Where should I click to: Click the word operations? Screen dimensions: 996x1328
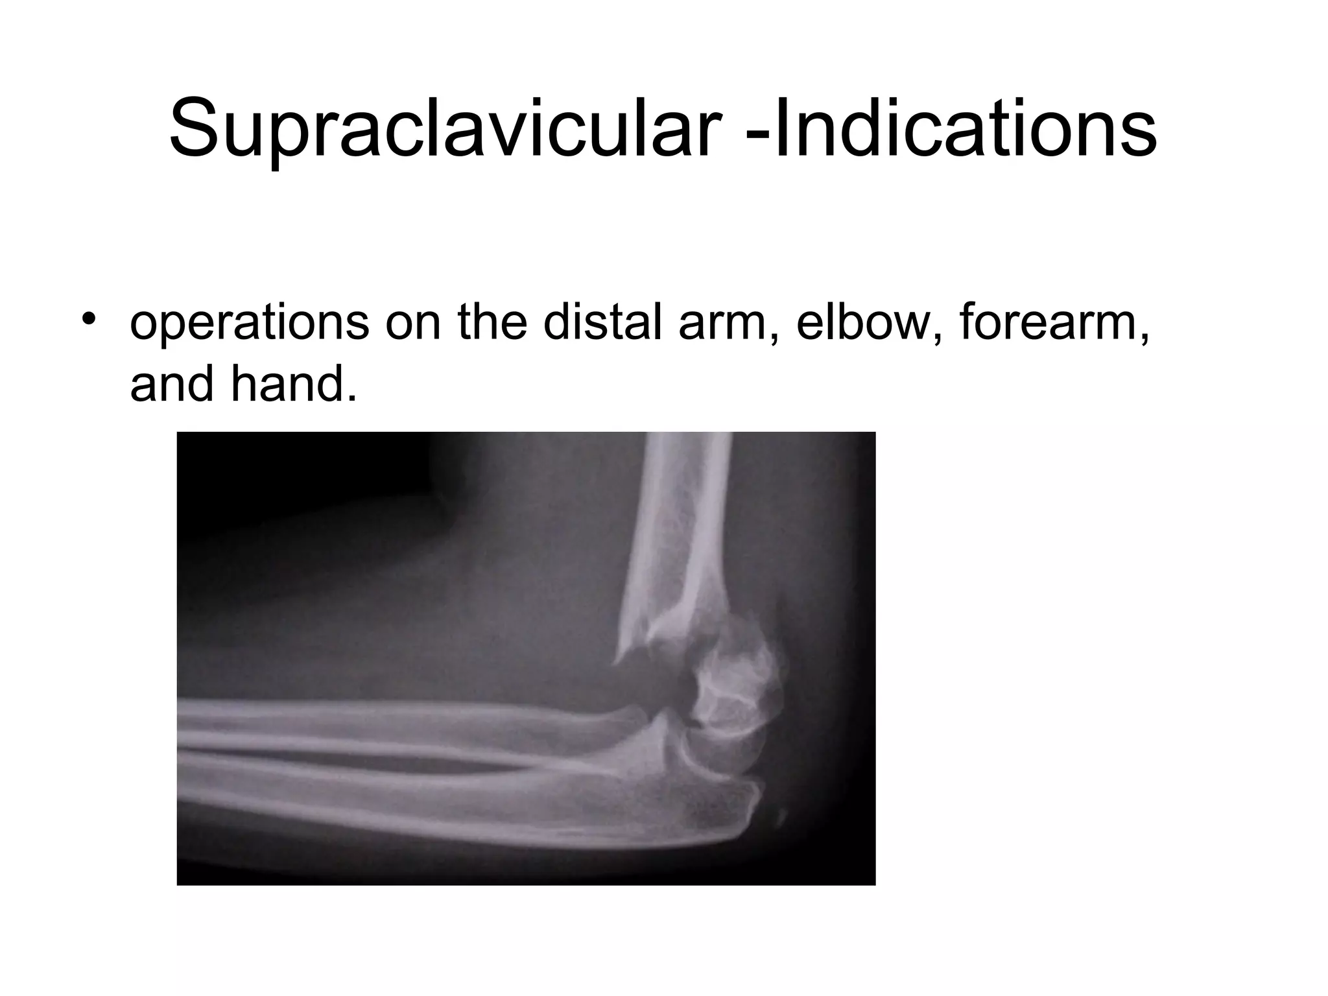(249, 324)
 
